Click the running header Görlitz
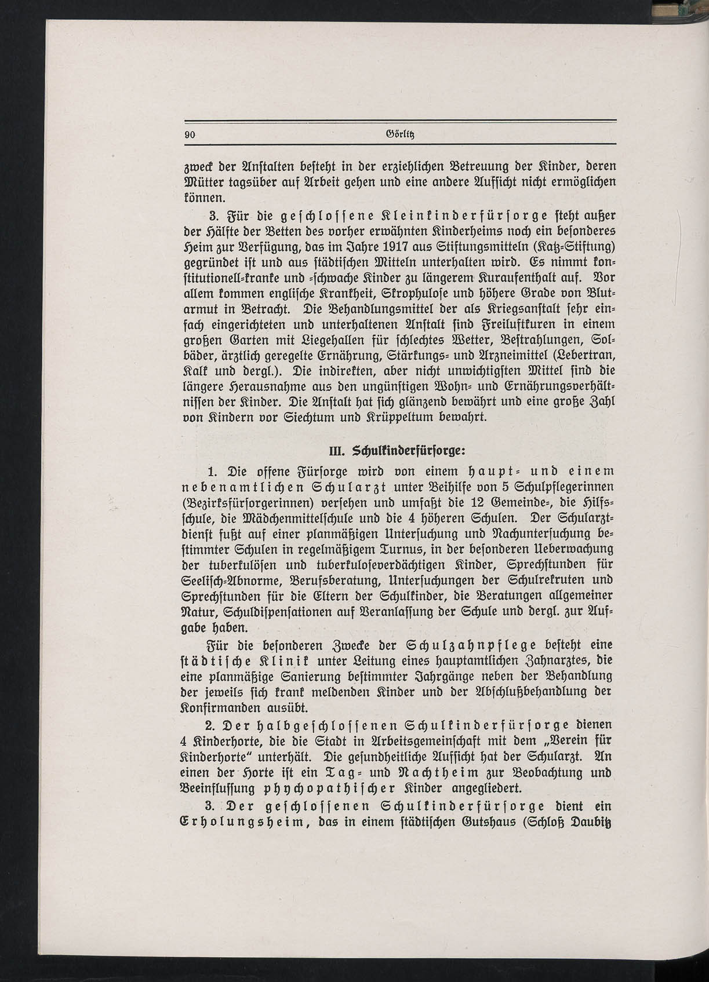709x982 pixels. point(400,134)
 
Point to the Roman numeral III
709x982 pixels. point(337,450)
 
